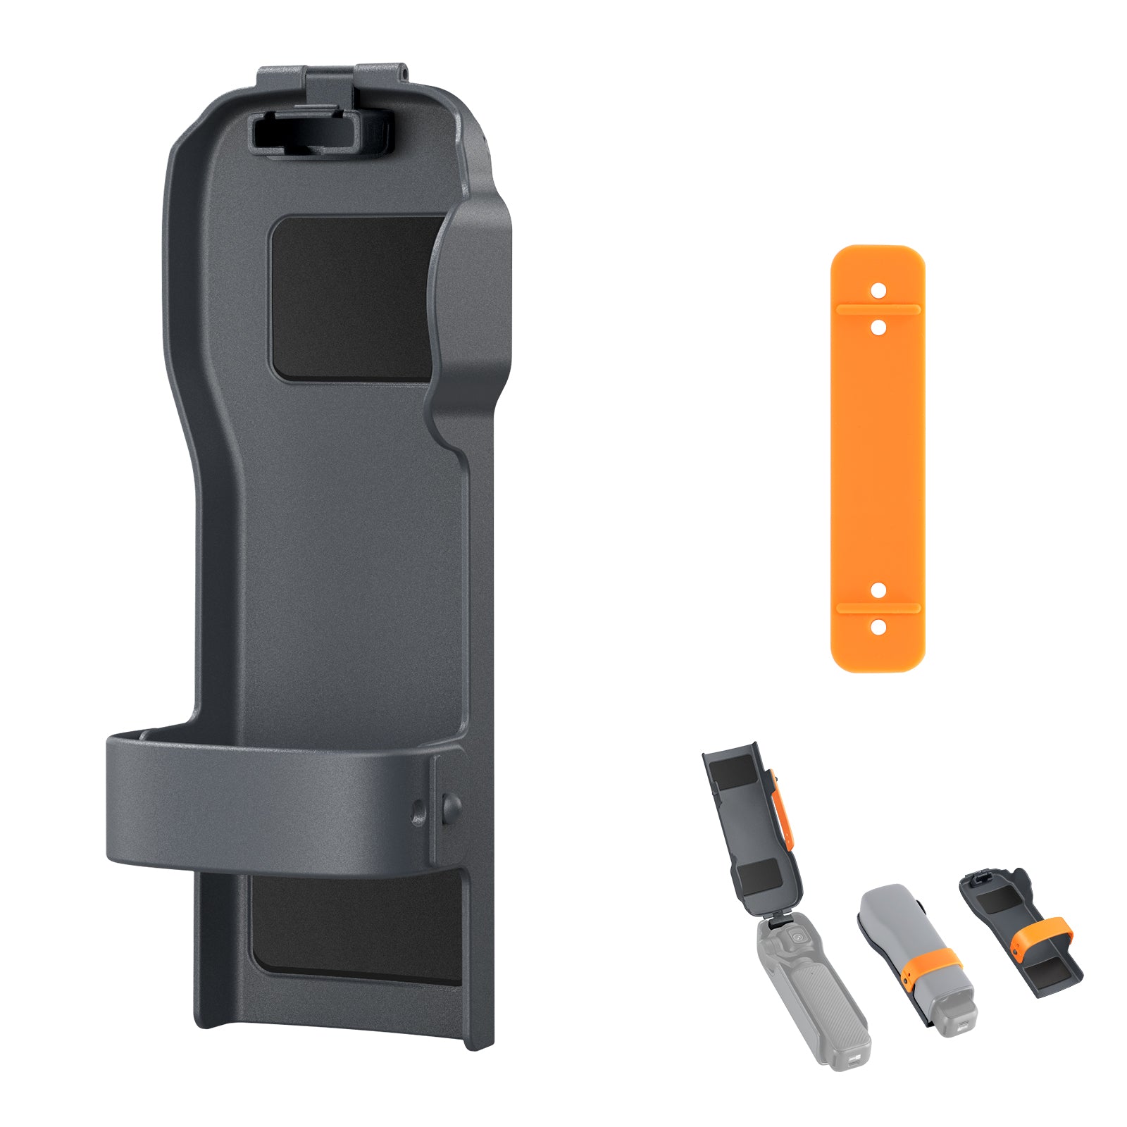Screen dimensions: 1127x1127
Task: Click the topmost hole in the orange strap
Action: coord(878,289)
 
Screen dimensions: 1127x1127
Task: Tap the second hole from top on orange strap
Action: coord(878,328)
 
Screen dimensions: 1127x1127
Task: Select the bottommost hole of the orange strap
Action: coord(878,625)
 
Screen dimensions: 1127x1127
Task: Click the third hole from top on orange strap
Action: coord(878,589)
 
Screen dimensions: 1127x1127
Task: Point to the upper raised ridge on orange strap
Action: coord(878,309)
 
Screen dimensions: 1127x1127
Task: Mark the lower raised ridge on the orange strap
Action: coord(878,607)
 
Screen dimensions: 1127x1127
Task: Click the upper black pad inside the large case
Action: coord(352,299)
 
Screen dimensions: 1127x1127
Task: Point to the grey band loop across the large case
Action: coord(268,803)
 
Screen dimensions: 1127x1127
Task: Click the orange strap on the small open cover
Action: coord(784,810)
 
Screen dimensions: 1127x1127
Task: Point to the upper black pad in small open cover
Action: coord(733,775)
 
